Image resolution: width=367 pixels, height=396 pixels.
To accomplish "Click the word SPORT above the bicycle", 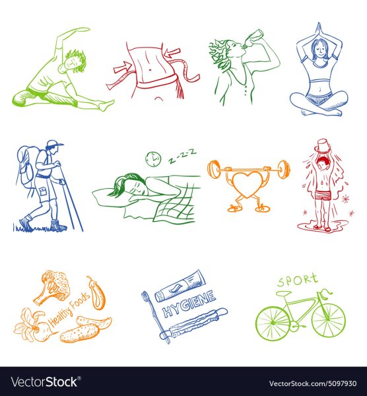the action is tap(297, 280).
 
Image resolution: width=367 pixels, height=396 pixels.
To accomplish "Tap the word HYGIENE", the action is tap(189, 304).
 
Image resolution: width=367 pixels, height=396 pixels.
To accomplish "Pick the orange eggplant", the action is tap(97, 294).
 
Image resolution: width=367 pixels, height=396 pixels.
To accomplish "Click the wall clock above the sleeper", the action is tap(153, 159).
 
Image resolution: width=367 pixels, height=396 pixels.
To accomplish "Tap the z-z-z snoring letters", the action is tap(182, 156).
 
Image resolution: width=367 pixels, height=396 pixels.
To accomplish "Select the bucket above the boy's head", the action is tap(323, 146).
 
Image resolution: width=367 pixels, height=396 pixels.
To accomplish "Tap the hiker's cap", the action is tap(54, 143).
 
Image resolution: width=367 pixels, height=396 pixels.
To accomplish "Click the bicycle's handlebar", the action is tap(325, 293).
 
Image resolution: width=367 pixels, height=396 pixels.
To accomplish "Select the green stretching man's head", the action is tap(74, 61).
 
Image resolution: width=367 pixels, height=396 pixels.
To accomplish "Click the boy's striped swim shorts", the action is tap(323, 196).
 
